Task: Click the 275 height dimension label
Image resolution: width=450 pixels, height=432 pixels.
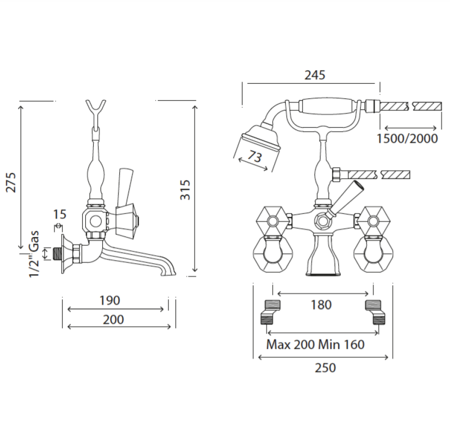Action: coord(11,182)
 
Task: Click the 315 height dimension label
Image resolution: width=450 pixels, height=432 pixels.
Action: coord(185,190)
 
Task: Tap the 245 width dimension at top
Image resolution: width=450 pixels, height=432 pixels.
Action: coord(315,75)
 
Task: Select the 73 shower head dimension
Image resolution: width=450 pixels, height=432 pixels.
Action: coord(255,156)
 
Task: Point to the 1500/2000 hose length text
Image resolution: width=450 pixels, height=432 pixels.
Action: coord(407,139)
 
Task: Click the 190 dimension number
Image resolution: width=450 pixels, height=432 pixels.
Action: coord(110,300)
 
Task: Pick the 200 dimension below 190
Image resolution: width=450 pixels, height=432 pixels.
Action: coord(113,320)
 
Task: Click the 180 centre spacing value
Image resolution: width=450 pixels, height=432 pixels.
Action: coord(321,304)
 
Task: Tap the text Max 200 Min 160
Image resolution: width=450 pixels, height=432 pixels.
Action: coord(315,344)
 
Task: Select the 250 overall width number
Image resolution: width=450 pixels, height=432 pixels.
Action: coord(325,367)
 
